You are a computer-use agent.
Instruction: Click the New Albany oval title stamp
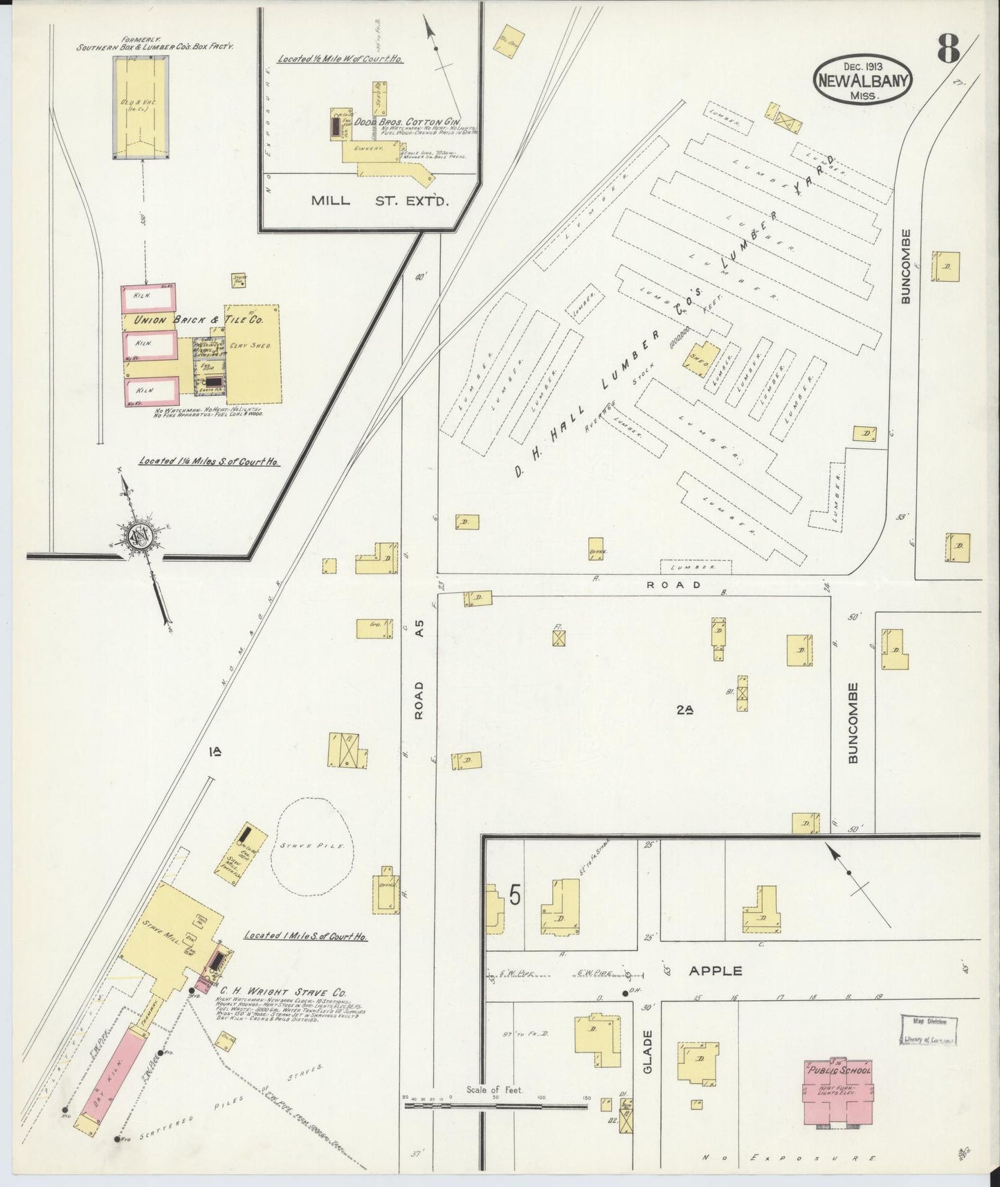tap(863, 80)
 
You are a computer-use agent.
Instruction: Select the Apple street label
tap(716, 971)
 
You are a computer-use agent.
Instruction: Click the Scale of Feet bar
tap(496, 1106)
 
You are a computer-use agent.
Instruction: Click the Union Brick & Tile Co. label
tap(197, 321)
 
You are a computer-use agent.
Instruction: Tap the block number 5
tap(514, 895)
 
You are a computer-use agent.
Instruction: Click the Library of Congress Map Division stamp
tap(929, 1030)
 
